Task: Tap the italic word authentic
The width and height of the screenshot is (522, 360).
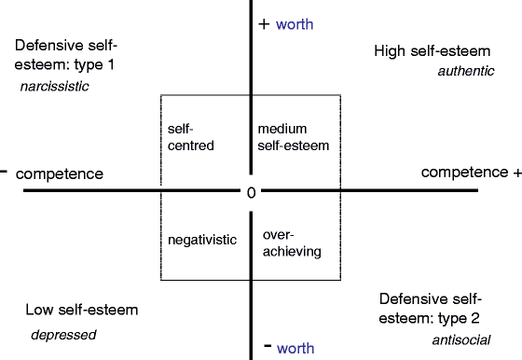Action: (x=465, y=71)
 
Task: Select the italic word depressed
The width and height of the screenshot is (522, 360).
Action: (x=63, y=334)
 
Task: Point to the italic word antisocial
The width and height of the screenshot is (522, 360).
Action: (x=460, y=339)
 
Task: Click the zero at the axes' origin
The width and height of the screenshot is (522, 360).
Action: (x=251, y=192)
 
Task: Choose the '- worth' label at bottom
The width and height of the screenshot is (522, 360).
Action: (x=289, y=347)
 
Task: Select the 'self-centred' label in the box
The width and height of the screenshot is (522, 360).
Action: (x=191, y=137)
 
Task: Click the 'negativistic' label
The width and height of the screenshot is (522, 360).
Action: (x=202, y=239)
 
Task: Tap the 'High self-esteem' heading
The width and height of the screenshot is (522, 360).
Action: (x=433, y=50)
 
